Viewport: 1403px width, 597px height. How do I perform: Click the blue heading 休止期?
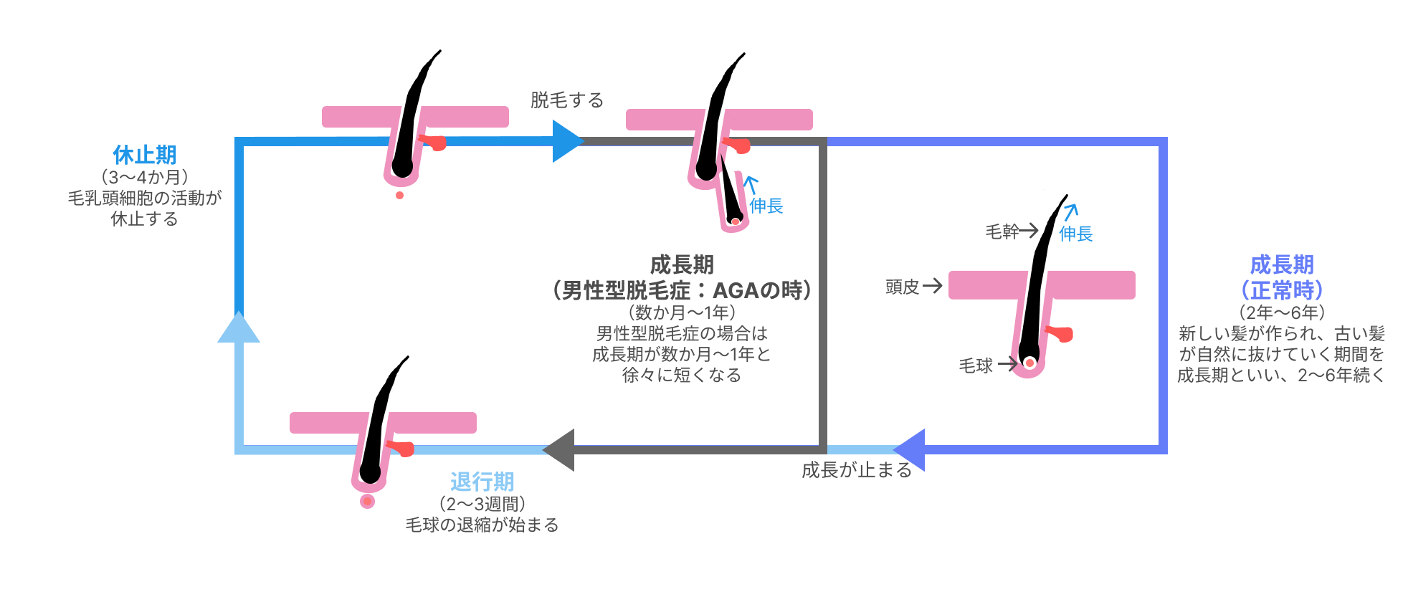click(x=144, y=155)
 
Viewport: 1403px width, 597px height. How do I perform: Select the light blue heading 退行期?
click(x=482, y=482)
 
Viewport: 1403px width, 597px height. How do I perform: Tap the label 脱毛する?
click(x=566, y=100)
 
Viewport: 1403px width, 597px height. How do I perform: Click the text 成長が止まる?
click(x=856, y=470)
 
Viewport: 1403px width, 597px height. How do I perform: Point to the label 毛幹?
click(x=1002, y=231)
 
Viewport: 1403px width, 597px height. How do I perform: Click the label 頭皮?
click(x=902, y=287)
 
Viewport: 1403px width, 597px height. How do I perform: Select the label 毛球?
click(x=976, y=366)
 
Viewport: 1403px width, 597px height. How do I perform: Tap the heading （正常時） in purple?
click(x=1282, y=290)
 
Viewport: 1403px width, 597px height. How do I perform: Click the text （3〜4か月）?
click(x=144, y=177)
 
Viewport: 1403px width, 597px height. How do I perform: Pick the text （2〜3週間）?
click(x=482, y=504)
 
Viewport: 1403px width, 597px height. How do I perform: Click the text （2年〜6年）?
click(x=1282, y=312)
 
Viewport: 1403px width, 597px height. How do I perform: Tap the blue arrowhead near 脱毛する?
click(x=567, y=141)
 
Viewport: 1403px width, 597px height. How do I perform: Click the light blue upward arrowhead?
click(x=239, y=328)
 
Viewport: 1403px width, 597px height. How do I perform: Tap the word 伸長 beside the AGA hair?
click(x=766, y=206)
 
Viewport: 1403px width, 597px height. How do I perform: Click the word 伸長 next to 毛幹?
click(x=1075, y=234)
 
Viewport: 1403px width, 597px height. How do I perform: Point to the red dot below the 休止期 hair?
click(x=399, y=195)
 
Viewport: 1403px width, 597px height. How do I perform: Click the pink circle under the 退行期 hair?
click(x=368, y=501)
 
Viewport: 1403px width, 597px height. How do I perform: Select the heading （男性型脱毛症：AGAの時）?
click(x=682, y=290)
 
